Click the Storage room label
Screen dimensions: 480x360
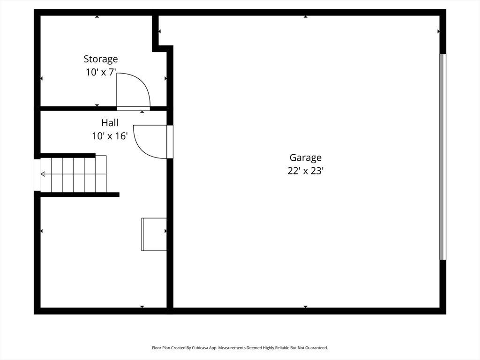(101, 59)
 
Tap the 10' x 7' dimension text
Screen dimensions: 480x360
(101, 72)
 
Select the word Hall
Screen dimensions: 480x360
(110, 123)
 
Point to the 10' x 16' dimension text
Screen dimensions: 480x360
(110, 136)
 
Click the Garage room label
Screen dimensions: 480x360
(306, 158)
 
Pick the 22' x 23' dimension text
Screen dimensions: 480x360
(306, 171)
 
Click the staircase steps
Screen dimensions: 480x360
(79, 174)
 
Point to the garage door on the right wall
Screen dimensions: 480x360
(442, 157)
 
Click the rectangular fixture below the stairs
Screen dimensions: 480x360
(154, 234)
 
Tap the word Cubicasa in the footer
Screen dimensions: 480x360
(201, 348)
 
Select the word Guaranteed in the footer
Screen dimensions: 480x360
(318, 348)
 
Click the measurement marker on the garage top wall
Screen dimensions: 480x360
(306, 16)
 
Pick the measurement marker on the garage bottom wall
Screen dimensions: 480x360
(306, 307)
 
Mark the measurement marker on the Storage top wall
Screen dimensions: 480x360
(97, 16)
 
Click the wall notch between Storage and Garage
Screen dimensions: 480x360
(163, 48)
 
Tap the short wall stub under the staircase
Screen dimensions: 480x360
(80, 195)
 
